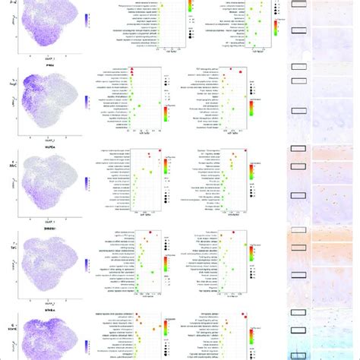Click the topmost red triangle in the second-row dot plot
[x=134, y=70]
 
